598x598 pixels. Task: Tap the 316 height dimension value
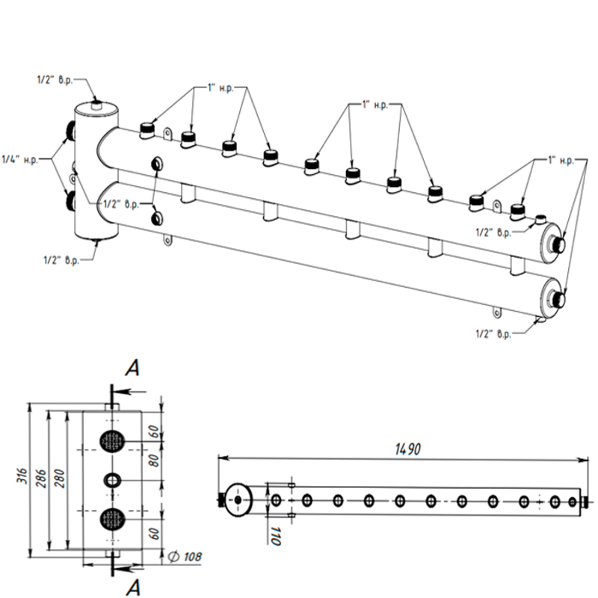tap(23, 476)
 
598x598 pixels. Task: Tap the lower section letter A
tap(132, 584)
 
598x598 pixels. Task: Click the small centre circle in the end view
tap(112, 479)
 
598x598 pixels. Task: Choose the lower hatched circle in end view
tap(112, 517)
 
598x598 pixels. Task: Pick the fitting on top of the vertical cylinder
tap(96, 105)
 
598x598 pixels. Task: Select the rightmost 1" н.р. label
tap(560, 160)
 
